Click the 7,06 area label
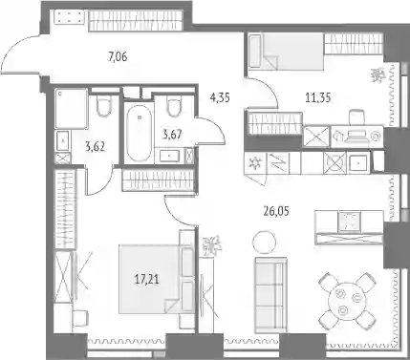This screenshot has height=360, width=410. coord(118,57)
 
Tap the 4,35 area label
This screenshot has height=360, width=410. coord(220,97)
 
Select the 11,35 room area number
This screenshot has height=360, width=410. coord(318,97)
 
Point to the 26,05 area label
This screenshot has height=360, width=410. coord(276,211)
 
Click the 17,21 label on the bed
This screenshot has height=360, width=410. coord(147,280)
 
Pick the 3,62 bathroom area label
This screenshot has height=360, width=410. coord(96,147)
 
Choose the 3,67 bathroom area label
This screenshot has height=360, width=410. coord(172,135)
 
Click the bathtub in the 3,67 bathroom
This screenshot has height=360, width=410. coord(139,133)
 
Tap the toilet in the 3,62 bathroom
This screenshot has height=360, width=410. coord(103,105)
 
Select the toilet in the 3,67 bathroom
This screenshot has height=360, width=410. coord(174,106)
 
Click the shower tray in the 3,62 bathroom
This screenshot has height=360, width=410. coord(71,109)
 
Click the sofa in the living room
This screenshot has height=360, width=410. coord(270,295)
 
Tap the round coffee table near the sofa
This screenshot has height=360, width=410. coord(264,243)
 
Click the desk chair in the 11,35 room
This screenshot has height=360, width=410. coord(356,117)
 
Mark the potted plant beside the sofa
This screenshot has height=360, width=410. coord(212,245)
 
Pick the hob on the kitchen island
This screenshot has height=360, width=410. coord(349,221)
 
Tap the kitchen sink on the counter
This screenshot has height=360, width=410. coord(359,163)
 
